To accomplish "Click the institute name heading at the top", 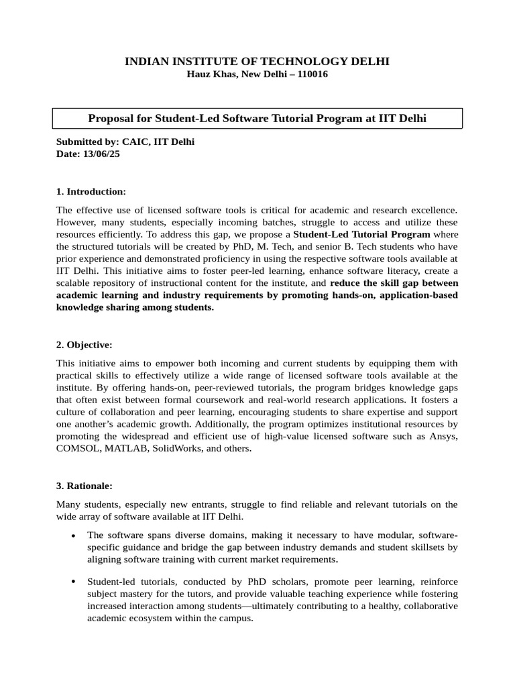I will click(x=257, y=62).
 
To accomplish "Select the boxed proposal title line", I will click(x=257, y=119).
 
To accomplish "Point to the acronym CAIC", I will click(x=134, y=142).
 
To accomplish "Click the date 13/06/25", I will click(x=101, y=154).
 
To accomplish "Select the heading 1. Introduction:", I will click(x=91, y=192).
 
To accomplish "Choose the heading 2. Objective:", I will click(x=84, y=345).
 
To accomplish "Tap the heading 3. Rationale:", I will click(x=84, y=484).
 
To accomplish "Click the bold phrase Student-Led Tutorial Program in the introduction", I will click(x=362, y=234).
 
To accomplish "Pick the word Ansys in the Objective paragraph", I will click(x=444, y=437).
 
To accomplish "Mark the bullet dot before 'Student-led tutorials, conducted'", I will click(x=72, y=581).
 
